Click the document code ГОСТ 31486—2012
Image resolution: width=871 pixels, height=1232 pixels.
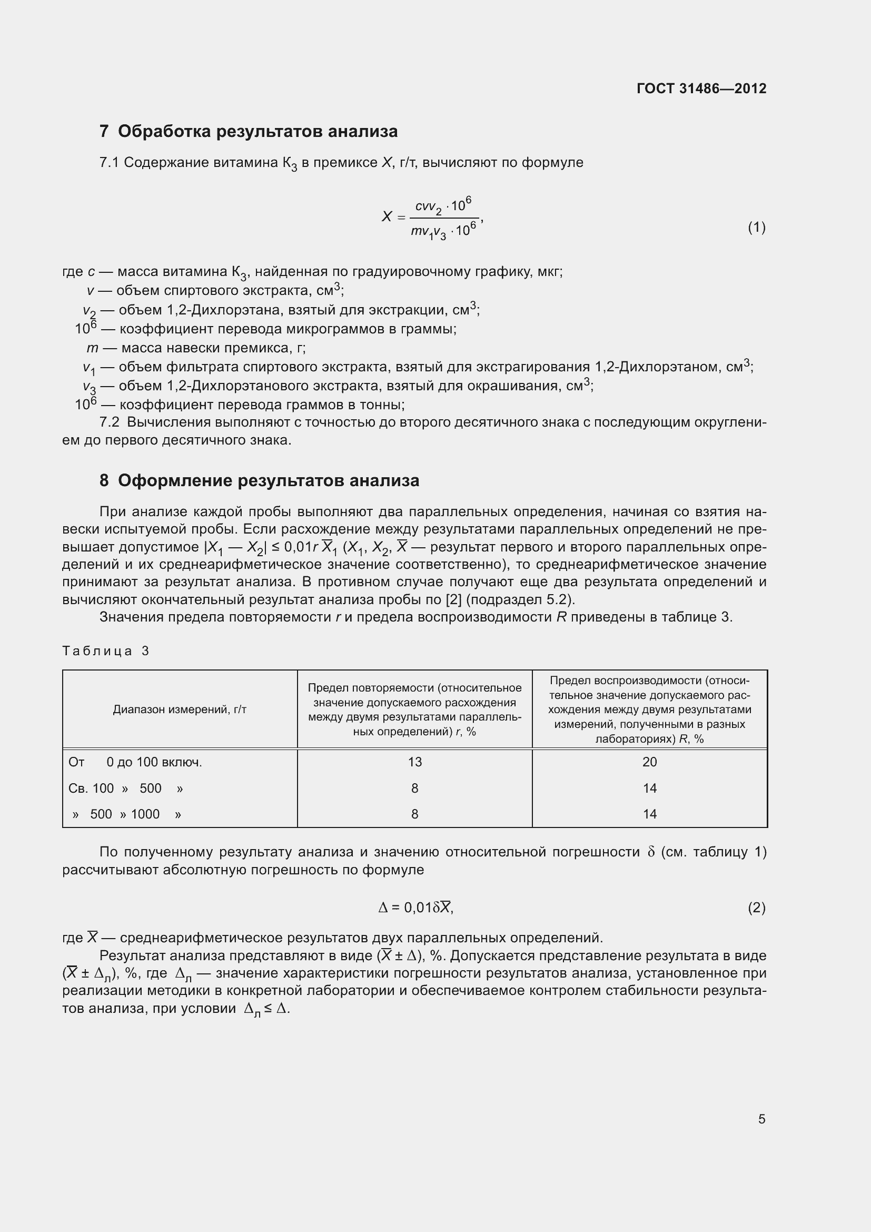[x=701, y=88]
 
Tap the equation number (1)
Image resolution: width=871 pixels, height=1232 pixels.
[x=756, y=228]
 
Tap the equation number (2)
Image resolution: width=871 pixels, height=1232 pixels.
[x=756, y=908]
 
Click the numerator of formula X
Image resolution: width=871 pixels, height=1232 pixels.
[x=443, y=206]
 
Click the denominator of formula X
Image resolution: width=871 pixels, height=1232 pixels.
[x=443, y=232]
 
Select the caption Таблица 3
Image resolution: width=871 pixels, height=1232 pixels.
[x=106, y=651]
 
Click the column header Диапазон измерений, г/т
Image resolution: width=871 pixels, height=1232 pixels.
[x=180, y=709]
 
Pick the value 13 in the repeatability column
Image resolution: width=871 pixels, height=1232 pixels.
[x=414, y=762]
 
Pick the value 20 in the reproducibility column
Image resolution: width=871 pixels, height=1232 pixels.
[x=649, y=762]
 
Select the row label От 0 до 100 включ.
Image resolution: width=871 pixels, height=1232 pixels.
[x=135, y=762]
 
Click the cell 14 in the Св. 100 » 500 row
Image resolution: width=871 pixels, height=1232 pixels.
[x=649, y=789]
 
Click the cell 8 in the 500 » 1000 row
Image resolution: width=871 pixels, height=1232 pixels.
[x=414, y=814]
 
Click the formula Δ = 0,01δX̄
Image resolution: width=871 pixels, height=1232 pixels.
[x=415, y=908]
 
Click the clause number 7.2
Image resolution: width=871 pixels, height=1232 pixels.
[x=110, y=422]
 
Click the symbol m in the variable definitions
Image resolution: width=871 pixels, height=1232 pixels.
[x=92, y=348]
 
